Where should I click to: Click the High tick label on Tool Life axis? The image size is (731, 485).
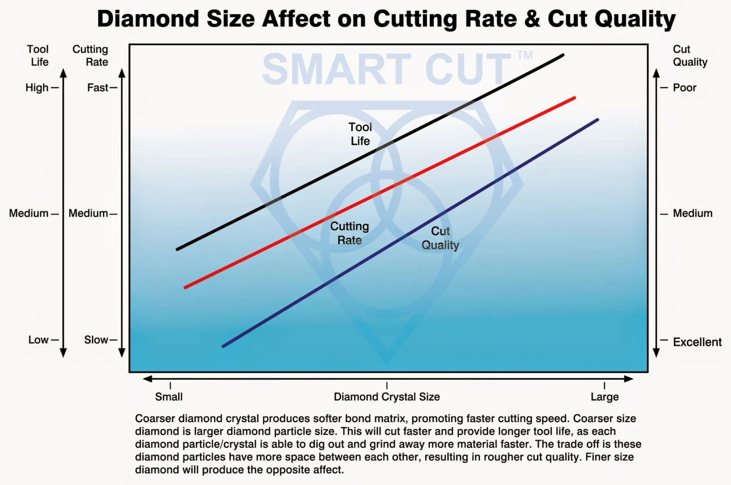tap(37, 88)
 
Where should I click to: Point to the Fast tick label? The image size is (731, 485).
tap(98, 88)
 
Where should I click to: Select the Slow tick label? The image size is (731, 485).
tap(96, 340)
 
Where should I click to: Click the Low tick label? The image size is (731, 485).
tap(38, 340)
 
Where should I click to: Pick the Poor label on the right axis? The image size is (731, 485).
tap(684, 88)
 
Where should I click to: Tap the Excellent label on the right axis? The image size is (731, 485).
tap(697, 342)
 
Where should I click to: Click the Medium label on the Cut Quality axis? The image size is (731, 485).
tap(692, 213)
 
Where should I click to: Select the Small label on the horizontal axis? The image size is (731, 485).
tap(169, 397)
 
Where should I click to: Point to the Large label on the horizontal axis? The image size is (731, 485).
tap(604, 397)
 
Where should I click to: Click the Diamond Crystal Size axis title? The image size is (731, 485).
tap(386, 397)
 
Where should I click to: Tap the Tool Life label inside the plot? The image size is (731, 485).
tap(360, 134)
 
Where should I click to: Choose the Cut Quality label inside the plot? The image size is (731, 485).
tap(440, 238)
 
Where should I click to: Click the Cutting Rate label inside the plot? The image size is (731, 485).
tap(350, 233)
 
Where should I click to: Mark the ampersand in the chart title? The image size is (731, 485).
tap(532, 19)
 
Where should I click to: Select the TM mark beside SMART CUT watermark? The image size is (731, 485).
tap(524, 55)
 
